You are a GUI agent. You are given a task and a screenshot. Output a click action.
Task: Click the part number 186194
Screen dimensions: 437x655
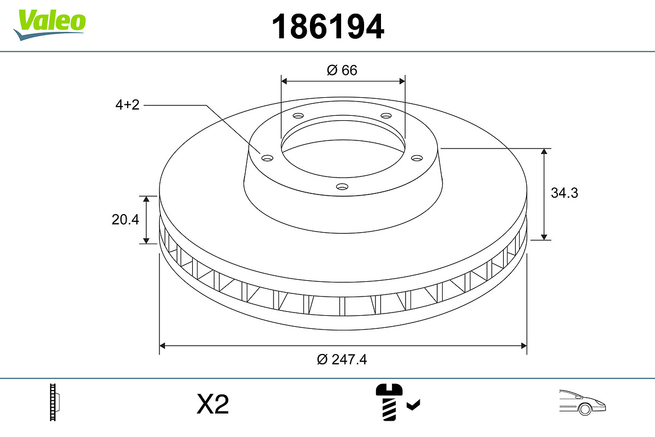click(x=328, y=26)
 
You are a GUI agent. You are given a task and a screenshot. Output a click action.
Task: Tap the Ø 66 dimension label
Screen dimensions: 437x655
click(x=342, y=70)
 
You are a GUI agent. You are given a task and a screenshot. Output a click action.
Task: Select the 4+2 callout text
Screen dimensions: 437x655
click(x=127, y=105)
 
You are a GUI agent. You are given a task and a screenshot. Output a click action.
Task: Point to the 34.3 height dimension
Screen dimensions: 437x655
click(x=564, y=193)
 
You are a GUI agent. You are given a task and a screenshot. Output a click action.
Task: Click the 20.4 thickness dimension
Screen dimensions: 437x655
click(x=126, y=220)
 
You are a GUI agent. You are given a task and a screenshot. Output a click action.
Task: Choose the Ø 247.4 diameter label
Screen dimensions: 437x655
click(x=342, y=359)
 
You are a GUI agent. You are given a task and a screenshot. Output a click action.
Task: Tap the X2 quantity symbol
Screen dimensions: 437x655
click(x=212, y=405)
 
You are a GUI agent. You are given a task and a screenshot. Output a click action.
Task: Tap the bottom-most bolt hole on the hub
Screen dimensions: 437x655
click(x=342, y=187)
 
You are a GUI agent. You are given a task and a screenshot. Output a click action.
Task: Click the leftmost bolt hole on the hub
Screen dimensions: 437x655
click(x=267, y=158)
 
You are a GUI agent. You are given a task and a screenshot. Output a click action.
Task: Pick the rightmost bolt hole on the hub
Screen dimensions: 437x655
click(x=417, y=158)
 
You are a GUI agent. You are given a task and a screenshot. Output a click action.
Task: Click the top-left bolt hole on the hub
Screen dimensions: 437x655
click(x=298, y=116)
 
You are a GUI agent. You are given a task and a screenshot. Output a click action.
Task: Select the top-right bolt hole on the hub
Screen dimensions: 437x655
click(x=386, y=116)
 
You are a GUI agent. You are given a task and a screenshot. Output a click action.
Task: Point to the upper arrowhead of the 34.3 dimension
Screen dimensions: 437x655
click(x=544, y=152)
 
